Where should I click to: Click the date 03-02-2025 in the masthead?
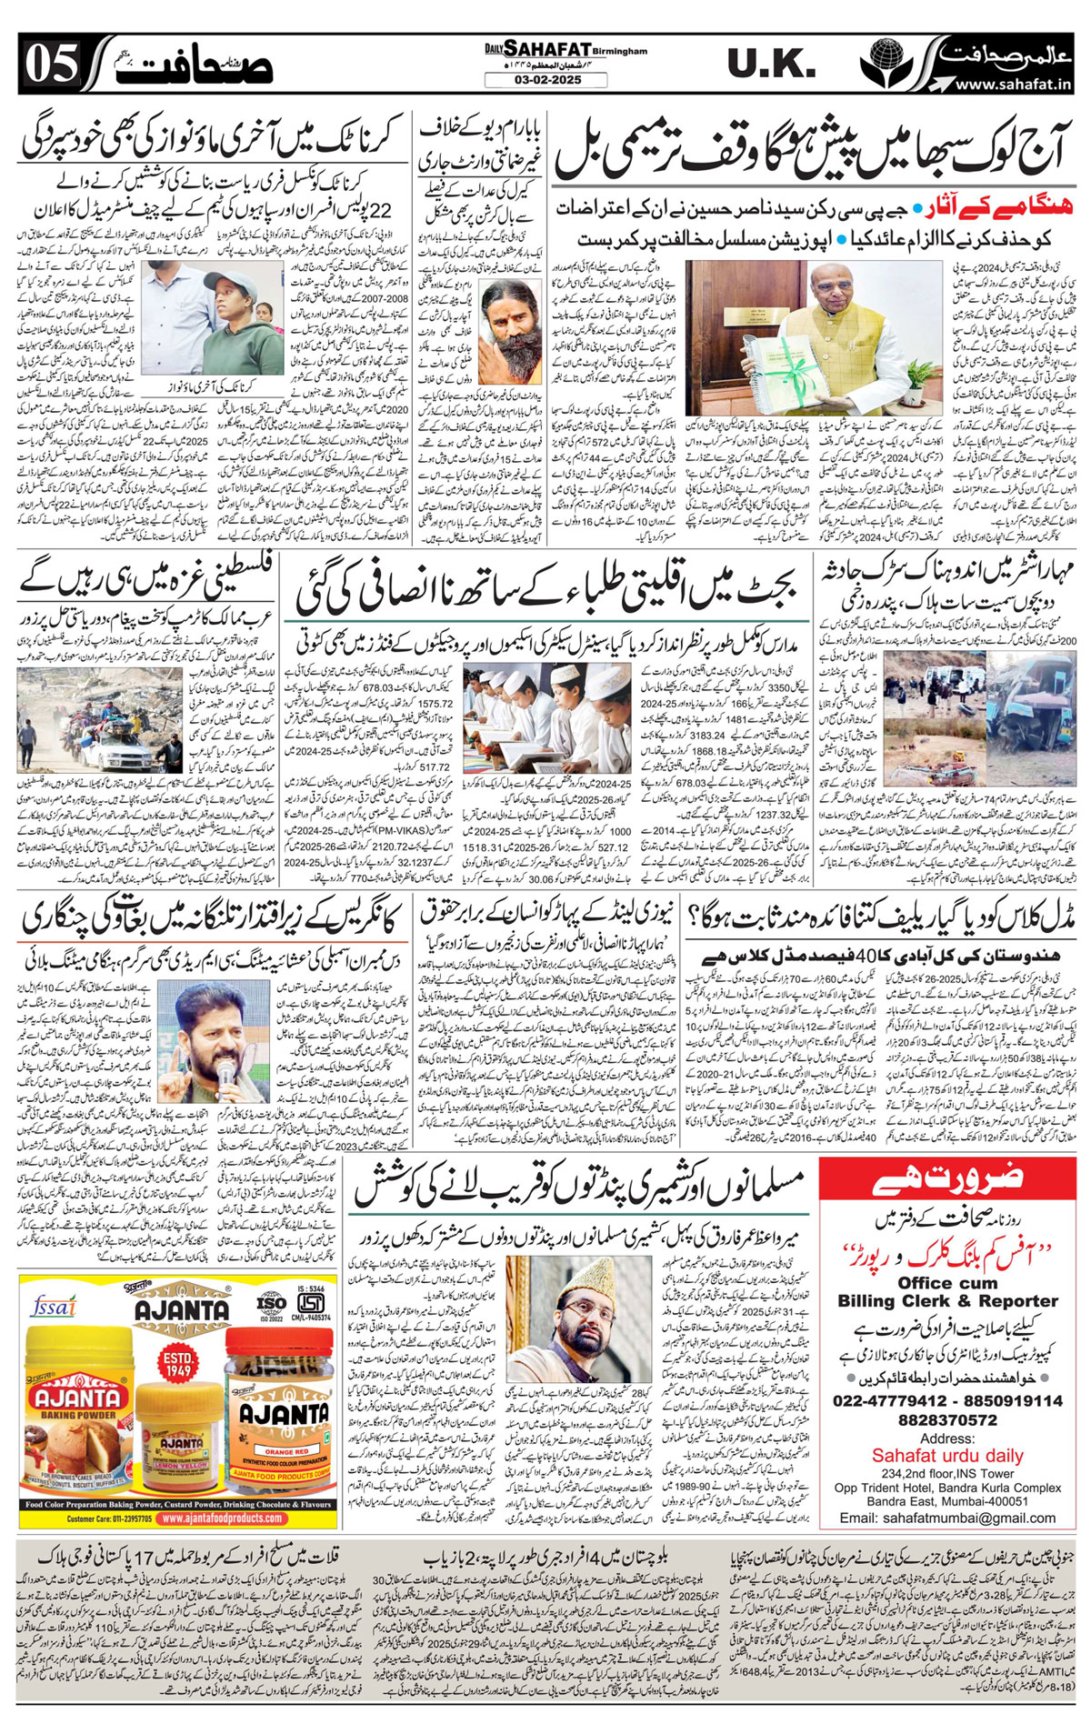pyautogui.click(x=545, y=80)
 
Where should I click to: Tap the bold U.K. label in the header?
pyautogui.click(x=772, y=65)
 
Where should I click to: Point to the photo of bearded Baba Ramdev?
pyautogui.click(x=509, y=319)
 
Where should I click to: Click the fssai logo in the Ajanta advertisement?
pyautogui.click(x=51, y=1307)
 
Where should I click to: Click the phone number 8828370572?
pyautogui.click(x=946, y=1419)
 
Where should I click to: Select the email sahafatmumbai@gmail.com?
pyautogui.click(x=946, y=1518)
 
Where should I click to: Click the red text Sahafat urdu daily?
pyautogui.click(x=946, y=1456)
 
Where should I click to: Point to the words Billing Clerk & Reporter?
pyautogui.click(x=946, y=1301)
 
